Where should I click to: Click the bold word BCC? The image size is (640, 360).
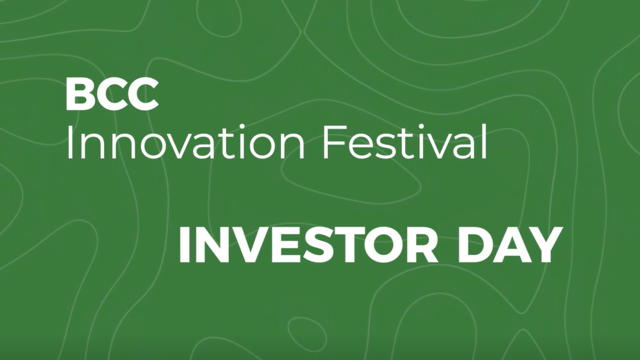112,95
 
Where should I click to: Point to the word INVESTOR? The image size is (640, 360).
307,244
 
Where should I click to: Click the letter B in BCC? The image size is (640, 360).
79,95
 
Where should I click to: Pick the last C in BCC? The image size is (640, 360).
142,95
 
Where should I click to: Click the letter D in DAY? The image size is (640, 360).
474,244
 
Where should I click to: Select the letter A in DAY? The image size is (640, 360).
509,244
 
